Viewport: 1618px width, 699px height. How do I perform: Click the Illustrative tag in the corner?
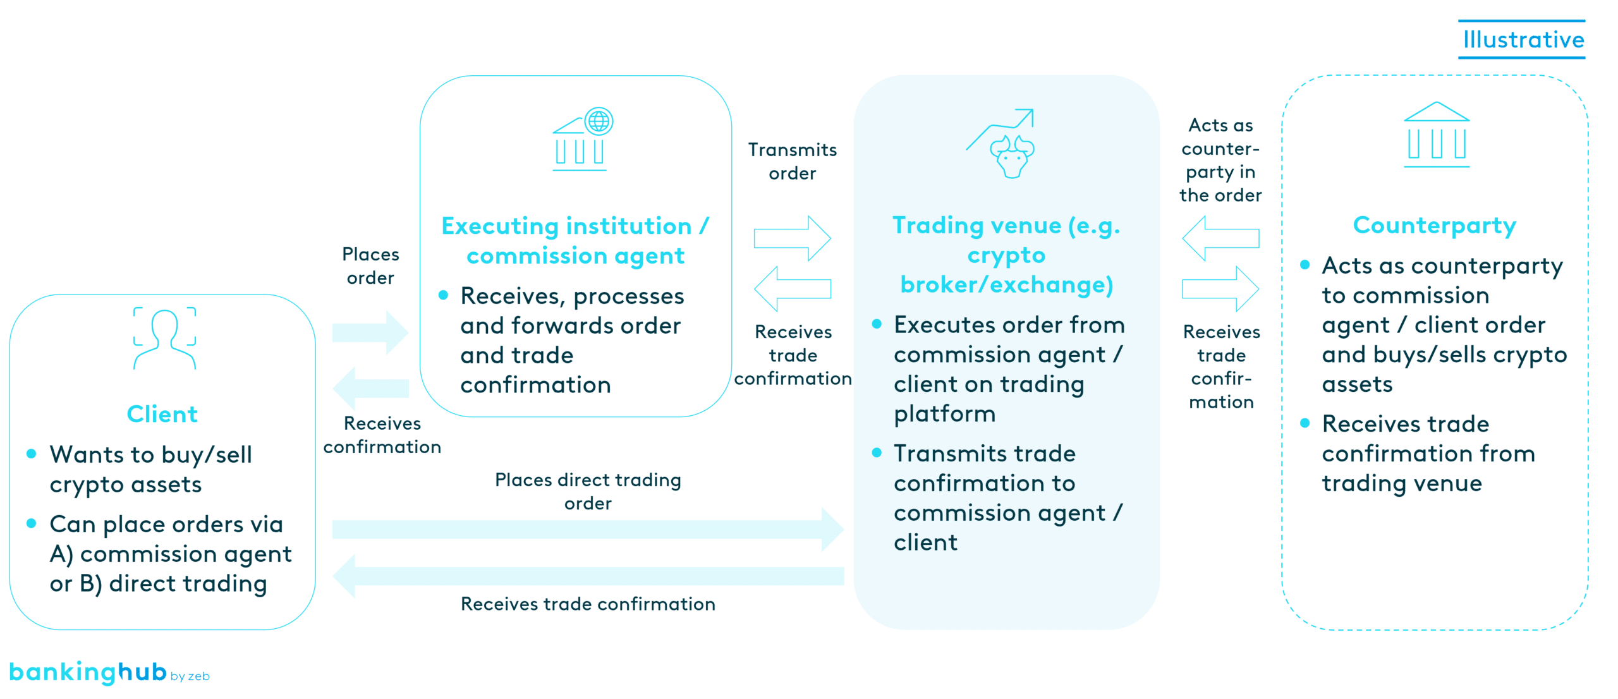coord(1523,40)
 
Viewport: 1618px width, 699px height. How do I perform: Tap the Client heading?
coord(162,414)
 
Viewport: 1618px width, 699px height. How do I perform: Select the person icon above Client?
coord(164,338)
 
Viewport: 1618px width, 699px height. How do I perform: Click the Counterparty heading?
coord(1434,226)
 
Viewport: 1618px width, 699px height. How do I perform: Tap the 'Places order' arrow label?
coord(370,266)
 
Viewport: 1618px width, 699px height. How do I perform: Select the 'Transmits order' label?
coord(792,161)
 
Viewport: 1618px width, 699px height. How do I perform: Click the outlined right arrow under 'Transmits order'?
coord(792,239)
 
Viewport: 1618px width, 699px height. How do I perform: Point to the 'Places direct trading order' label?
coord(588,491)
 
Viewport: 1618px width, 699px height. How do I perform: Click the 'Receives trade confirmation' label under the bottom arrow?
coord(588,604)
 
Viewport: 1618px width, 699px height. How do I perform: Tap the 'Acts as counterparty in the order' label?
coord(1220,160)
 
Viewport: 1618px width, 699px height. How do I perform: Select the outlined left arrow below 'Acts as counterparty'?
coord(1220,238)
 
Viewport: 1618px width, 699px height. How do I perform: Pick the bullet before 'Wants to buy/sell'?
coord(31,454)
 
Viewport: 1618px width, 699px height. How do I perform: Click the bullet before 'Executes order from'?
coord(877,324)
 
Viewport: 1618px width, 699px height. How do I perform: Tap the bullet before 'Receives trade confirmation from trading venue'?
coord(1305,423)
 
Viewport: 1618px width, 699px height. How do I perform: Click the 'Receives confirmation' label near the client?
coord(382,435)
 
